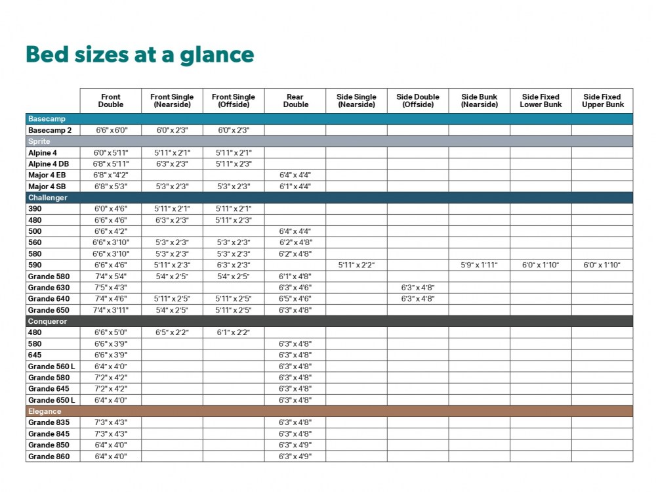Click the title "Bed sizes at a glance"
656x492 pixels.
(139, 55)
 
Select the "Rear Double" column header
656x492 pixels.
(295, 101)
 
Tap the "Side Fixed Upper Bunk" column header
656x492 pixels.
(602, 101)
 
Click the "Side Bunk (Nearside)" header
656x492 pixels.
(479, 101)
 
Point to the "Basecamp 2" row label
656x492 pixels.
(50, 130)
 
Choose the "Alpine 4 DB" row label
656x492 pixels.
(49, 164)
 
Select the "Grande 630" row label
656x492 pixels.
(49, 288)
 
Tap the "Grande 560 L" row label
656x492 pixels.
(51, 367)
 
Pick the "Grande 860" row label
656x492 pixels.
(49, 456)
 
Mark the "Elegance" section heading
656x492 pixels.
(45, 411)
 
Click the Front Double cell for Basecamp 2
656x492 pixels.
(111, 130)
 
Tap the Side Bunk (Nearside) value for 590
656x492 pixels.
(479, 265)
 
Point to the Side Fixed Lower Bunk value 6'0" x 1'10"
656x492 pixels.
(541, 265)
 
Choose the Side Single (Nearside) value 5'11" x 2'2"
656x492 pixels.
(356, 265)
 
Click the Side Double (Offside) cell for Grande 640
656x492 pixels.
(418, 299)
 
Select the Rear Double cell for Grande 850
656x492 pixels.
(295, 445)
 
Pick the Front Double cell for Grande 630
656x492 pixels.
(111, 288)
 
